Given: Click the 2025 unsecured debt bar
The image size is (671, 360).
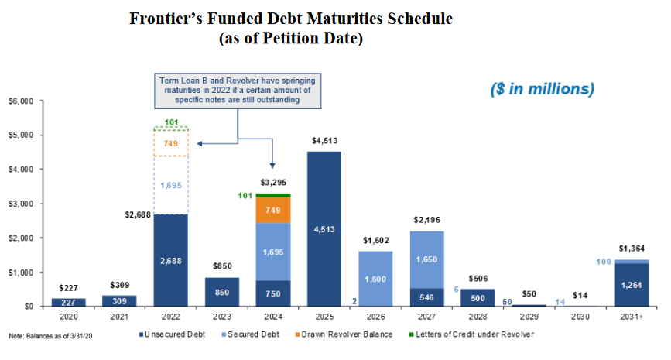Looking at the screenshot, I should (x=324, y=228).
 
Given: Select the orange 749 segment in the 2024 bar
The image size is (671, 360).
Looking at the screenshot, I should (x=272, y=210).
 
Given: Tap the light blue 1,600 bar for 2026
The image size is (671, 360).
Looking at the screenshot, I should (x=375, y=279).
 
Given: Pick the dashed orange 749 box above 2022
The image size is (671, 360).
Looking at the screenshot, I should (x=171, y=144).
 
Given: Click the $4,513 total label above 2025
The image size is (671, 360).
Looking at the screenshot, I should (x=324, y=141).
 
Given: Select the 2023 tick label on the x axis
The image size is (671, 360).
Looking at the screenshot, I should (x=222, y=317).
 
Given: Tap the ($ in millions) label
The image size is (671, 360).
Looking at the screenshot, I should (x=542, y=89).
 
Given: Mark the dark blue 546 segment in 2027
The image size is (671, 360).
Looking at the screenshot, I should (x=426, y=297).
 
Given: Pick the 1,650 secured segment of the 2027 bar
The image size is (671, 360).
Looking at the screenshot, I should (x=426, y=259).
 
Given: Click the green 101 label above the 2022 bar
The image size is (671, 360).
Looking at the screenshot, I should (x=172, y=122).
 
